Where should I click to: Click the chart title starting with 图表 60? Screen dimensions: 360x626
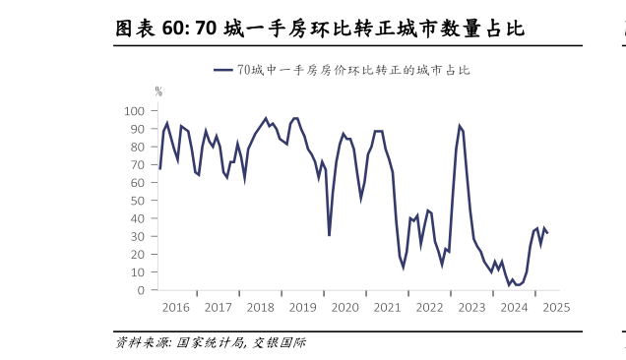[x=320, y=30]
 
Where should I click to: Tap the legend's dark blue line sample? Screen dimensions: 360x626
[x=223, y=70]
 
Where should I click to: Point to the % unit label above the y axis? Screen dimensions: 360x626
[x=158, y=91]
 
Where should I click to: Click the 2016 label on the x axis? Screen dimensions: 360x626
[x=175, y=307]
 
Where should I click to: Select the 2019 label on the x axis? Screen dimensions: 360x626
[x=302, y=307]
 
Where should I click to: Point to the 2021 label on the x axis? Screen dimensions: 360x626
[x=387, y=307]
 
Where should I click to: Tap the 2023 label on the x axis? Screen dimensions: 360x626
[x=471, y=307]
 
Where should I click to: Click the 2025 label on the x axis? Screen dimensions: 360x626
[x=556, y=307]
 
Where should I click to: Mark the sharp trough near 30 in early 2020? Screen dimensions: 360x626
[x=329, y=235]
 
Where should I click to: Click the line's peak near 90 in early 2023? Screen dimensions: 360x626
[x=460, y=126]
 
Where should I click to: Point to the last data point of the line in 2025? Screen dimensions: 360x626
[x=547, y=233]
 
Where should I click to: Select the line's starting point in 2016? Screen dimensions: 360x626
[x=159, y=169]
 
